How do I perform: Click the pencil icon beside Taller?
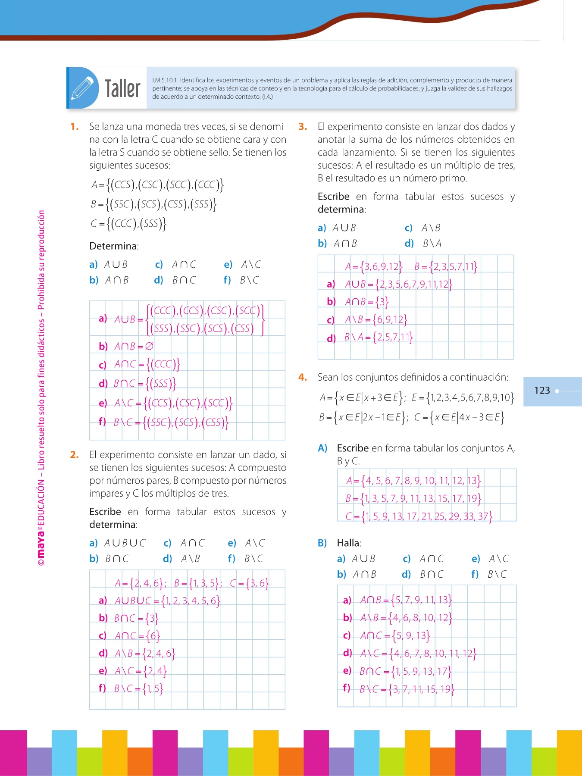(x=82, y=88)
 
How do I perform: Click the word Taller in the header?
(x=122, y=89)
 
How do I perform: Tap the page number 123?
(x=542, y=391)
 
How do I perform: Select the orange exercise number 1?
(x=75, y=127)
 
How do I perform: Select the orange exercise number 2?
(x=75, y=455)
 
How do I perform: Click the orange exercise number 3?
(x=303, y=127)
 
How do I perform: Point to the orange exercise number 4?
(x=303, y=378)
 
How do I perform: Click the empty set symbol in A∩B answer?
(x=149, y=346)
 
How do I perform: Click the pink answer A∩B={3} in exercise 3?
(x=366, y=302)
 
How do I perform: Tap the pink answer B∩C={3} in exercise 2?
(x=136, y=618)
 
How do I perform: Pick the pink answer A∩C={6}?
(x=137, y=636)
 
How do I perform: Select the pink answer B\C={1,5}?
(x=138, y=688)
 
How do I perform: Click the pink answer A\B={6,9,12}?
(x=375, y=319)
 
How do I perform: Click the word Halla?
(x=349, y=543)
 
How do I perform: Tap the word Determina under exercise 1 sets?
(x=114, y=246)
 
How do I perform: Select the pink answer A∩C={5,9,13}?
(x=394, y=636)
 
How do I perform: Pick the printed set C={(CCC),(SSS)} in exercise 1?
(x=128, y=223)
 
